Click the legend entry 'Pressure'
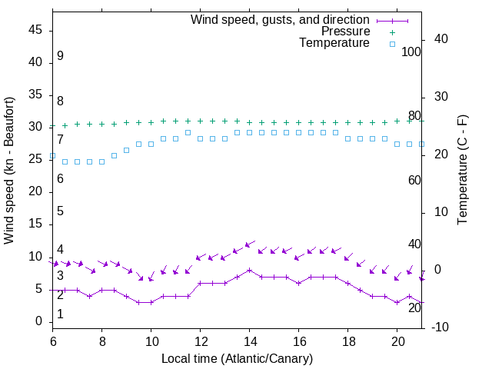[x=345, y=32]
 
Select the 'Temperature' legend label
[x=334, y=43]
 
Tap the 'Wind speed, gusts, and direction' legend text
[x=280, y=19]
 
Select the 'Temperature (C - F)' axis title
[x=462, y=171]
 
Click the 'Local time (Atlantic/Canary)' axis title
[x=238, y=358]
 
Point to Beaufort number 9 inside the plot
[x=60, y=56]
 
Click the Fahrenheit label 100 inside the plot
[x=412, y=52]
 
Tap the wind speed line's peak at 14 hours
[x=250, y=270]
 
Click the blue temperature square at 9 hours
[x=127, y=150]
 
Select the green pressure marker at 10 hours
[x=151, y=121]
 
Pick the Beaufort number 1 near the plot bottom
[x=60, y=314]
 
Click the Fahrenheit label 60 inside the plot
[x=414, y=180]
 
